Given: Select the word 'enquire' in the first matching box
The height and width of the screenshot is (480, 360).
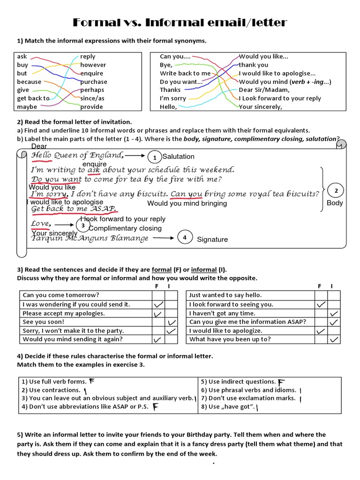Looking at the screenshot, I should point(91,73).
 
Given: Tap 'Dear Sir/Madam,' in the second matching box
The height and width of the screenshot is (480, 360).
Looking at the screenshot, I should point(264,90).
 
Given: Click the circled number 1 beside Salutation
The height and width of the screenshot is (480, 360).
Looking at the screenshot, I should point(154,157).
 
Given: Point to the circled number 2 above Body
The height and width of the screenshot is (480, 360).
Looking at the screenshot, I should point(335,191).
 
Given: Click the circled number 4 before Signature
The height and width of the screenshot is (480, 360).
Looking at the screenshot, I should point(185,238).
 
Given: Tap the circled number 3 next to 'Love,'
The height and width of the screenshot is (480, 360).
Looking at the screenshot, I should point(83,226).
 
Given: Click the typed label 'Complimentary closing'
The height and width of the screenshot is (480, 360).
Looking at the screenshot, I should point(125,229).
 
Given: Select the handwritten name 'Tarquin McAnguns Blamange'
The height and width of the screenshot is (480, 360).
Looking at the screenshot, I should point(90,238).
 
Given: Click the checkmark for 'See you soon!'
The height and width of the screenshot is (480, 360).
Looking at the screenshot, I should point(172,322).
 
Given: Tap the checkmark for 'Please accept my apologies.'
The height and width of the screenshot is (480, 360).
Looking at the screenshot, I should point(158,313).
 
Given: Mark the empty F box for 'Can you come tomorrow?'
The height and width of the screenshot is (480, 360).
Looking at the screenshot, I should point(158,295).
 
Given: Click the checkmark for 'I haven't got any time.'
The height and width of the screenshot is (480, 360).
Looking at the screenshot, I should point(334,313).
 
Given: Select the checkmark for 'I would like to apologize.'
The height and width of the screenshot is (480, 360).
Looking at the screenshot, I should point(321,331).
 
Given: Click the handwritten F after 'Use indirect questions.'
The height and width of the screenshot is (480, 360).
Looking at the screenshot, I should point(281,382).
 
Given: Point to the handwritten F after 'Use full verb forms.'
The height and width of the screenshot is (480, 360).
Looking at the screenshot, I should point(92,381).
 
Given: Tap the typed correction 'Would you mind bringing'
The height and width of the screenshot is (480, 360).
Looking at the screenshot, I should point(187,203).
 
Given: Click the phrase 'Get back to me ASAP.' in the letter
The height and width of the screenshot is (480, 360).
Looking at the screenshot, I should point(74,209).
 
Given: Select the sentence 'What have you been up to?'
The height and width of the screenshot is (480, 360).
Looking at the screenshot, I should point(230,339).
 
